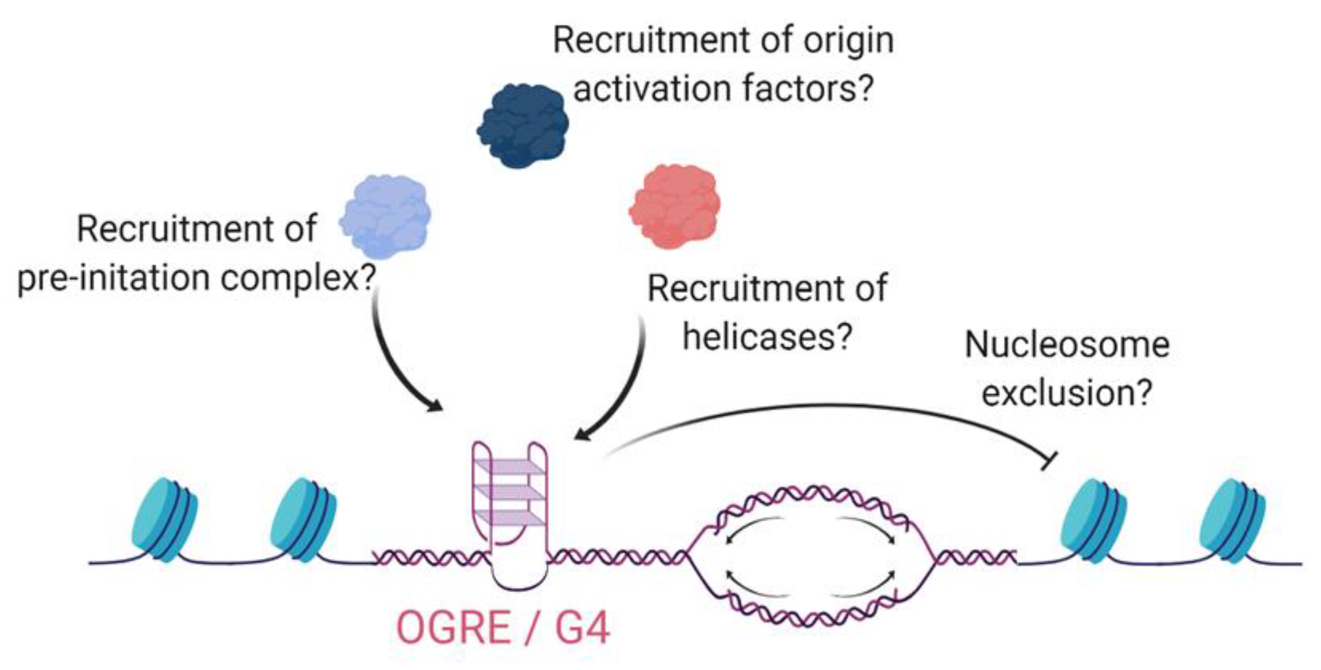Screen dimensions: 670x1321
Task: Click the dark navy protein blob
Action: [523, 125]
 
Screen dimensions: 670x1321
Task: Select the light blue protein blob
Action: [385, 216]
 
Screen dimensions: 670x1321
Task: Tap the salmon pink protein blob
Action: [674, 206]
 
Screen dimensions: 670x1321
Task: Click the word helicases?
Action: [767, 337]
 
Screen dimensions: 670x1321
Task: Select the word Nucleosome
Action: [1066, 345]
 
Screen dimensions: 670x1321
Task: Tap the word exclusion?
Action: [1066, 393]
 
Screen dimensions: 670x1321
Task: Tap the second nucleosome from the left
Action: [303, 519]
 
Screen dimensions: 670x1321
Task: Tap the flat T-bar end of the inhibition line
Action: [1049, 461]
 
